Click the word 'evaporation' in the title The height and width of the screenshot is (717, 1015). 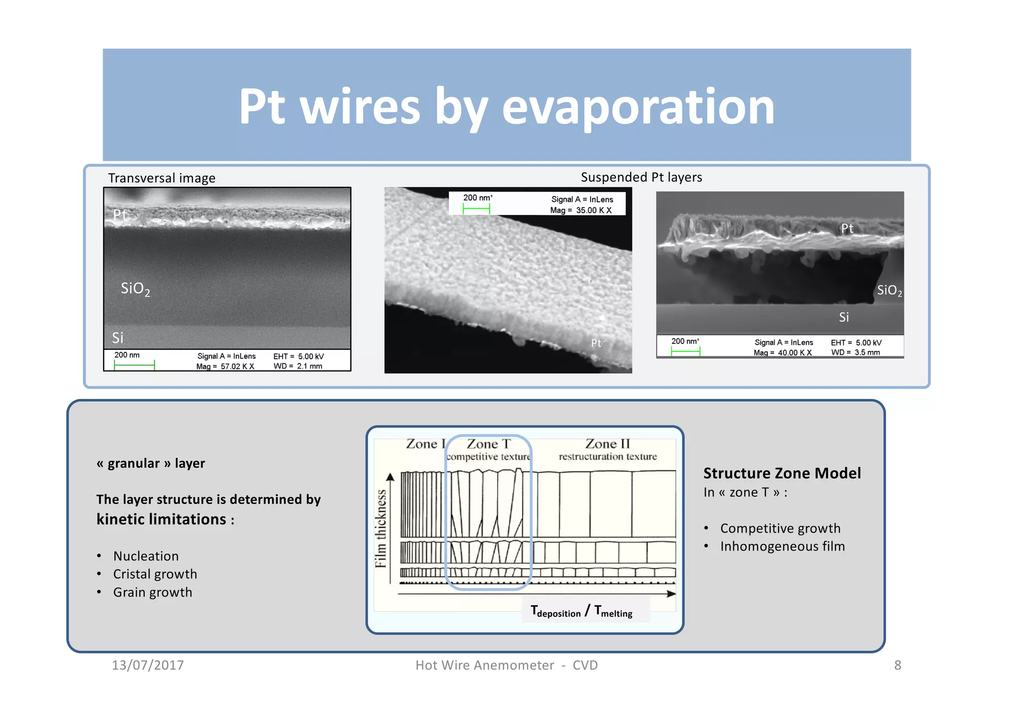[638, 107]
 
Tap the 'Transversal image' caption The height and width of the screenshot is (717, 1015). [162, 178]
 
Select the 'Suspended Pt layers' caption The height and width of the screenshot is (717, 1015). [641, 177]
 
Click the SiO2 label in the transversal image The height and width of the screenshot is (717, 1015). [135, 289]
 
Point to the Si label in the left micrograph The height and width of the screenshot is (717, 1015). [117, 338]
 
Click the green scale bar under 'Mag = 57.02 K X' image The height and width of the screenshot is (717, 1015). [134, 366]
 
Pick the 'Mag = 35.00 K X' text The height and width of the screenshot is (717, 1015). [580, 210]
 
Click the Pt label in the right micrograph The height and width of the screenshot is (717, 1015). [847, 228]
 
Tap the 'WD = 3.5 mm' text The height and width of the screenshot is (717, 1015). [855, 352]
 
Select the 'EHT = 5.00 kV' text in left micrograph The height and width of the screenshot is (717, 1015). [298, 356]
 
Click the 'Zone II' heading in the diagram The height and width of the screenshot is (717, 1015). [607, 443]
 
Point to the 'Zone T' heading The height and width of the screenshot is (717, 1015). [488, 443]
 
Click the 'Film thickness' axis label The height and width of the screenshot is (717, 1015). [381, 528]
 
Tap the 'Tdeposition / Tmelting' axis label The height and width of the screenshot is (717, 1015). [581, 611]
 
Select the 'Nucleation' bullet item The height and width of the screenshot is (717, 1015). [146, 556]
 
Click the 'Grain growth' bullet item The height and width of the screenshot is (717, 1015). [152, 592]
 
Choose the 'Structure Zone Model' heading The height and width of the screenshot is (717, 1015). [782, 473]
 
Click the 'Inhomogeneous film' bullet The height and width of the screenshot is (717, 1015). [782, 546]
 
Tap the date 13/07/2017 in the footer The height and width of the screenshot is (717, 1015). [148, 665]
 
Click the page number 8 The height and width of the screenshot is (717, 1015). [897, 665]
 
